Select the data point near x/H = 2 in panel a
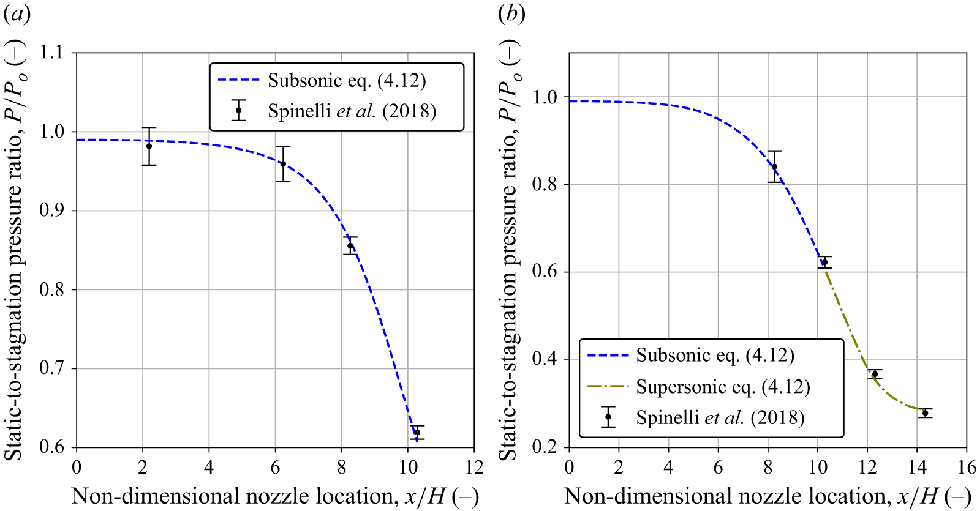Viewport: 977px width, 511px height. [x=149, y=146]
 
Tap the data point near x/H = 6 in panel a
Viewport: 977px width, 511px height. [x=283, y=164]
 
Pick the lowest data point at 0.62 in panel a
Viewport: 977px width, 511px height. [x=417, y=433]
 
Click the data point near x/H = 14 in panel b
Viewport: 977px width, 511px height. [x=925, y=413]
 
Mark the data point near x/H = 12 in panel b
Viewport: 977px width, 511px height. [x=875, y=374]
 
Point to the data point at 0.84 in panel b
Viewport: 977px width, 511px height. [x=775, y=166]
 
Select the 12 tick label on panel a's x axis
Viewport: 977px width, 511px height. [x=473, y=468]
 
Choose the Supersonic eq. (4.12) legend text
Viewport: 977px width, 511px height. [x=723, y=387]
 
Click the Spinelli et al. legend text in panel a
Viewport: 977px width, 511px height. [x=352, y=111]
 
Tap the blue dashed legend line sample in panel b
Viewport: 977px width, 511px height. [x=608, y=356]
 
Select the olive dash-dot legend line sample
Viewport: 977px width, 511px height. [x=608, y=386]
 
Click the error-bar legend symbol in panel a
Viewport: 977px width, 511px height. [x=238, y=110]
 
